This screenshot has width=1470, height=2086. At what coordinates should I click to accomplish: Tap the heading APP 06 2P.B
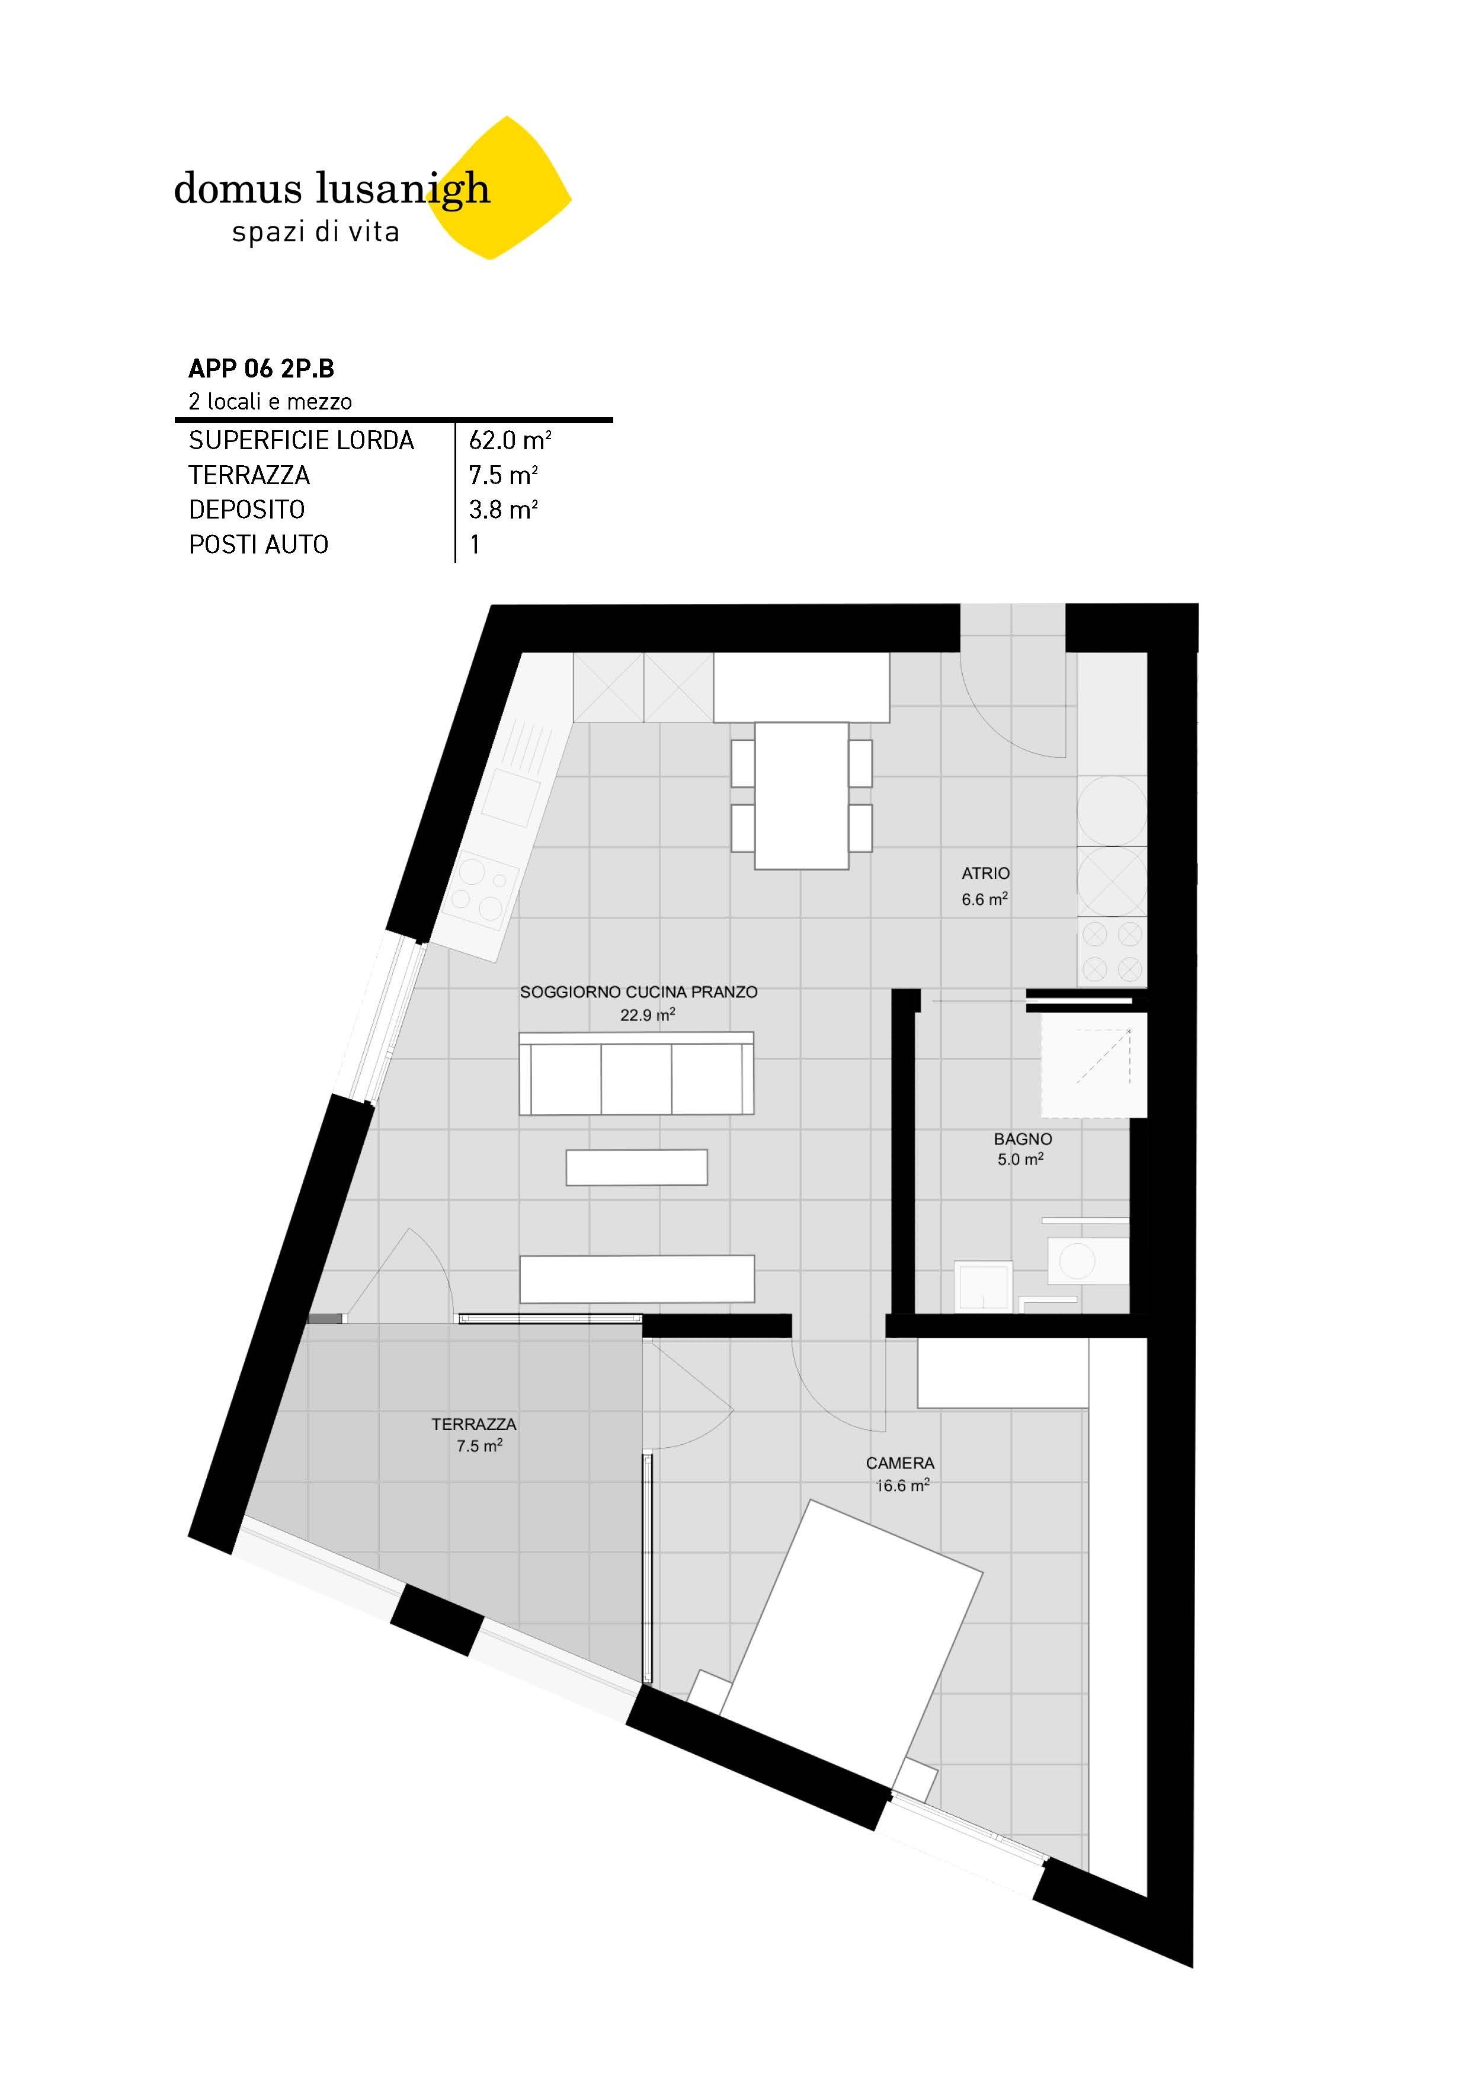pos(261,368)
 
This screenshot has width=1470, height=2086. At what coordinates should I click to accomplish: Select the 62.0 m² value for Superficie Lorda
pos(510,441)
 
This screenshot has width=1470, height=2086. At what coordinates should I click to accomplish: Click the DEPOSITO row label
pos(246,510)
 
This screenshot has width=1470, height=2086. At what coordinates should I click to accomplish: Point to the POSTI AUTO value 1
pos(474,544)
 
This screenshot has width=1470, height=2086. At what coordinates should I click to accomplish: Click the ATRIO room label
pos(985,873)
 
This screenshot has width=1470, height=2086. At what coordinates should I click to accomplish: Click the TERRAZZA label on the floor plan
pos(473,1425)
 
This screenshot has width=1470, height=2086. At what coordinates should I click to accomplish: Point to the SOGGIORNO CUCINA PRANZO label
pos(638,992)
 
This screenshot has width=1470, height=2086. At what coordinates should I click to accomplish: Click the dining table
pos(800,795)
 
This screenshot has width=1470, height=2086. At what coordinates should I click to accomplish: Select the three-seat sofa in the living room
pos(636,1074)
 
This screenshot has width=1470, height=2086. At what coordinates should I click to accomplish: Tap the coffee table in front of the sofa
pos(636,1167)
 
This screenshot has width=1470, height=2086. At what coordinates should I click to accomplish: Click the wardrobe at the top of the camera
pos(1002,1374)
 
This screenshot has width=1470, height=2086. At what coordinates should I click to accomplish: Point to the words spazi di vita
pos(315,232)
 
